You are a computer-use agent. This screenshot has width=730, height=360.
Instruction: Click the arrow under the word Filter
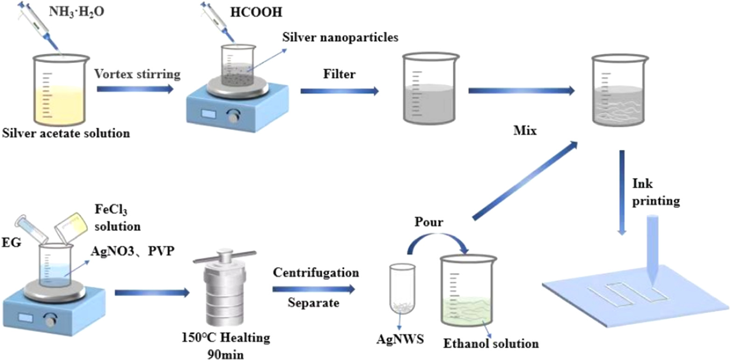coord(339,91)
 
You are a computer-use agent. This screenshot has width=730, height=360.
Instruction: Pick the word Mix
coord(524,132)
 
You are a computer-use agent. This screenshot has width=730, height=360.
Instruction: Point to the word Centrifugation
coord(316,271)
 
